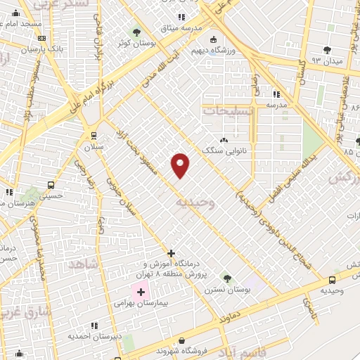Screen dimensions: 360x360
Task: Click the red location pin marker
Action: click(181, 165)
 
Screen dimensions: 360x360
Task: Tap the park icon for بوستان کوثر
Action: click(136, 32)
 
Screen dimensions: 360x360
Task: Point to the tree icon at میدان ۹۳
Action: click(327, 49)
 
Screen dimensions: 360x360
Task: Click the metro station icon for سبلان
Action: click(94, 135)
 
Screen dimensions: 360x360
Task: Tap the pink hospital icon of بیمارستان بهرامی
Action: click(140, 292)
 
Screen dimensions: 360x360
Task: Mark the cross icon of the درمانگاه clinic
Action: click(171, 253)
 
